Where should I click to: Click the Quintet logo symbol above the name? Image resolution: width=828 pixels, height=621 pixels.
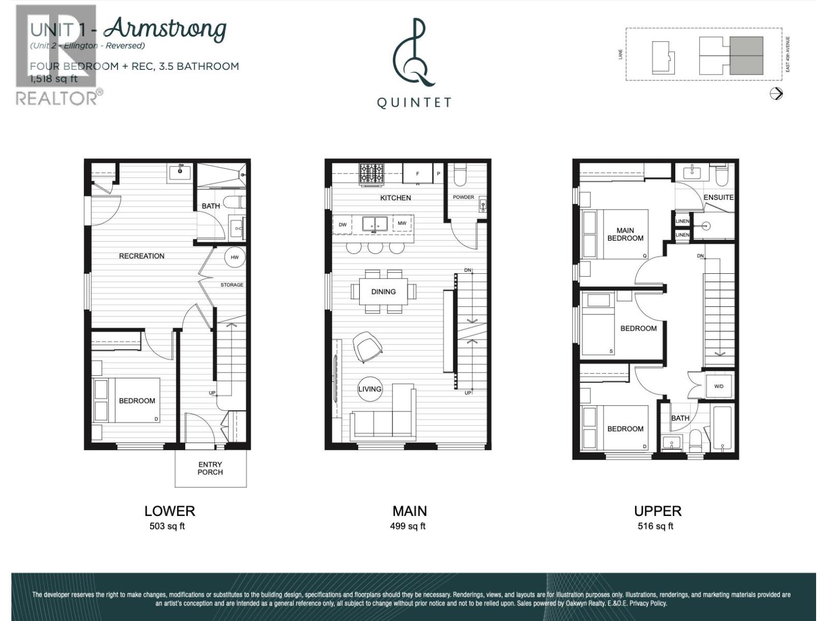click(x=413, y=53)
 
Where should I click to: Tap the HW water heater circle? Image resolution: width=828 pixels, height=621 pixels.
click(x=234, y=257)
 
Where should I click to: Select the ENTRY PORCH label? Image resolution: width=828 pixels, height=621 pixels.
click(x=210, y=468)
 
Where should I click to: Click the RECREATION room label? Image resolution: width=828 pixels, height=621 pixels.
click(x=141, y=256)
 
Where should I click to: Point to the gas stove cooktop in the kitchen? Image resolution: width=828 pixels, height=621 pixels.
click(x=372, y=173)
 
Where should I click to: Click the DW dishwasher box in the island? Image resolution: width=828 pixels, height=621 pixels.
click(x=343, y=225)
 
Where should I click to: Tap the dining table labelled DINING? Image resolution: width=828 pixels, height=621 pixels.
click(x=383, y=291)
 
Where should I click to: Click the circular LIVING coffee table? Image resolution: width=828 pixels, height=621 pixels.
click(x=369, y=389)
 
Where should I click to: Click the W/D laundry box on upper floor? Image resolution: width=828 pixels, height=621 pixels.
click(x=719, y=386)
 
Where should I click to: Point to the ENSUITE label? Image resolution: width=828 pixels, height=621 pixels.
click(x=718, y=197)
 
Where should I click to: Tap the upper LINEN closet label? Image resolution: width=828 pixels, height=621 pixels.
click(x=682, y=221)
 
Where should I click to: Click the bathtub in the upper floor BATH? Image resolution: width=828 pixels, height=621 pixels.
click(x=722, y=428)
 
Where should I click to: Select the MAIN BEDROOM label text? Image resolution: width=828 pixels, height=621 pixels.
click(x=625, y=234)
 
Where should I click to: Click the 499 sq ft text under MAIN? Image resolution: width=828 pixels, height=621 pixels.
click(x=408, y=526)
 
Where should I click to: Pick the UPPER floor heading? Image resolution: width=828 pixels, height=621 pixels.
click(x=657, y=511)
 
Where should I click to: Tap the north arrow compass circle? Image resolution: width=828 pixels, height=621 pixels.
click(x=776, y=94)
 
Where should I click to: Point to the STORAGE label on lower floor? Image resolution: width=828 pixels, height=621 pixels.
click(x=231, y=285)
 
